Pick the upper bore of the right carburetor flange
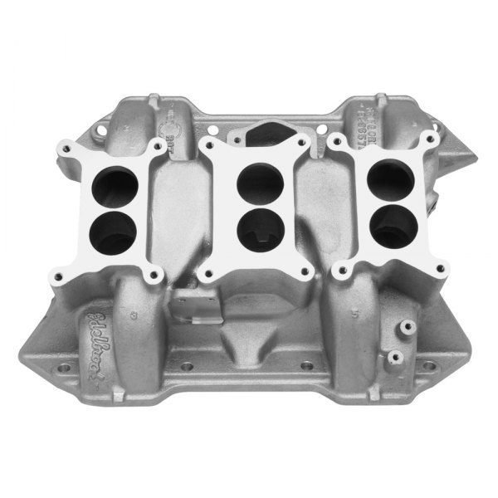click(384, 179)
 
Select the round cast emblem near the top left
click(172, 124)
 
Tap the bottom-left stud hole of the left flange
click(60, 270)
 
